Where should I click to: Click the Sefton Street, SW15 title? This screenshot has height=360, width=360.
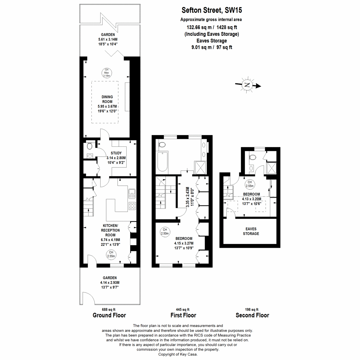pyautogui.click(x=212, y=10)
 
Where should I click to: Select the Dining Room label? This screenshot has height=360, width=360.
pyautogui.click(x=107, y=99)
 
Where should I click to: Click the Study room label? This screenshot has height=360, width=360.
pyautogui.click(x=116, y=153)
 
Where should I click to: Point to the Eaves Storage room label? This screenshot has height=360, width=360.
pyautogui.click(x=251, y=231)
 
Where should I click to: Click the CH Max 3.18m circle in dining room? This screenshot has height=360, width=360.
pyautogui.click(x=106, y=73)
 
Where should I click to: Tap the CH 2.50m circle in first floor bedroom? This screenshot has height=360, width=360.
pyautogui.click(x=165, y=232)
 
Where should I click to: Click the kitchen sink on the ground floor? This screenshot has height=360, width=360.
pyautogui.click(x=132, y=193)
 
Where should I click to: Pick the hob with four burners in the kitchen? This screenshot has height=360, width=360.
pyautogui.click(x=132, y=206)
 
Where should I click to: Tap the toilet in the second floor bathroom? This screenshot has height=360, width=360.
pyautogui.click(x=252, y=157)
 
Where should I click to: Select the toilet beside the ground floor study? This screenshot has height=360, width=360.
pyautogui.click(x=89, y=146)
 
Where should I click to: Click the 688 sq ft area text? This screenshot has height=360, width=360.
pyautogui.click(x=109, y=310)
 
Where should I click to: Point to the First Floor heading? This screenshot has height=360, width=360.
pyautogui.click(x=183, y=315)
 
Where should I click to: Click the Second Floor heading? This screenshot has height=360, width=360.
pyautogui.click(x=252, y=315)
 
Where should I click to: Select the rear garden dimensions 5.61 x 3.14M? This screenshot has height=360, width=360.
pyautogui.click(x=108, y=39)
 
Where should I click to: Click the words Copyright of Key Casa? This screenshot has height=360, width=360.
pyautogui.click(x=178, y=354)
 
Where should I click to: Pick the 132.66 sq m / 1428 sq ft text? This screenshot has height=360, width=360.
pyautogui.click(x=211, y=27)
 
